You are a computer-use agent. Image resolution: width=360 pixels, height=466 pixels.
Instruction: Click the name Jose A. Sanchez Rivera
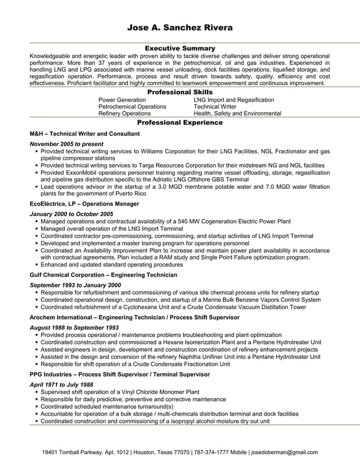click(179, 28)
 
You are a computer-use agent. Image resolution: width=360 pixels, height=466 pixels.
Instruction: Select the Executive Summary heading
click(180, 49)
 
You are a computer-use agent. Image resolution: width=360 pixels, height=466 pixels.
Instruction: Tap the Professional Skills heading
click(180, 92)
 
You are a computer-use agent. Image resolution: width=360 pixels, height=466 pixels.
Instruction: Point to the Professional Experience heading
click(180, 122)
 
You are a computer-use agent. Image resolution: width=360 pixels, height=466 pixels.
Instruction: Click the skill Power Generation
click(122, 100)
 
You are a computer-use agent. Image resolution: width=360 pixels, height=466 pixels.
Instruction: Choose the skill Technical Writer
click(215, 107)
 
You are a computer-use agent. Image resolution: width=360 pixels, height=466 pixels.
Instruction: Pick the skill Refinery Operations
click(124, 113)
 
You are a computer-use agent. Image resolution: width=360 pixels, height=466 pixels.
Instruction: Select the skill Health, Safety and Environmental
click(237, 113)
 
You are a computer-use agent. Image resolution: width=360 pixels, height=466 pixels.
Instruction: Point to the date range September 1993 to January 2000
click(75, 285)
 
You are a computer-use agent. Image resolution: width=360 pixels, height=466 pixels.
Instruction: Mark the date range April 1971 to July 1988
click(61, 384)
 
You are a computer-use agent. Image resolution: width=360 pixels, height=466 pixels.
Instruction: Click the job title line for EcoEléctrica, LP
click(84, 204)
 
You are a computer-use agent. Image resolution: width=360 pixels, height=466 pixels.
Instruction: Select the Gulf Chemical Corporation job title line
click(103, 275)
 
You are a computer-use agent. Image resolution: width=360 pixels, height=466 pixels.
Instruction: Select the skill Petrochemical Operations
click(132, 107)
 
